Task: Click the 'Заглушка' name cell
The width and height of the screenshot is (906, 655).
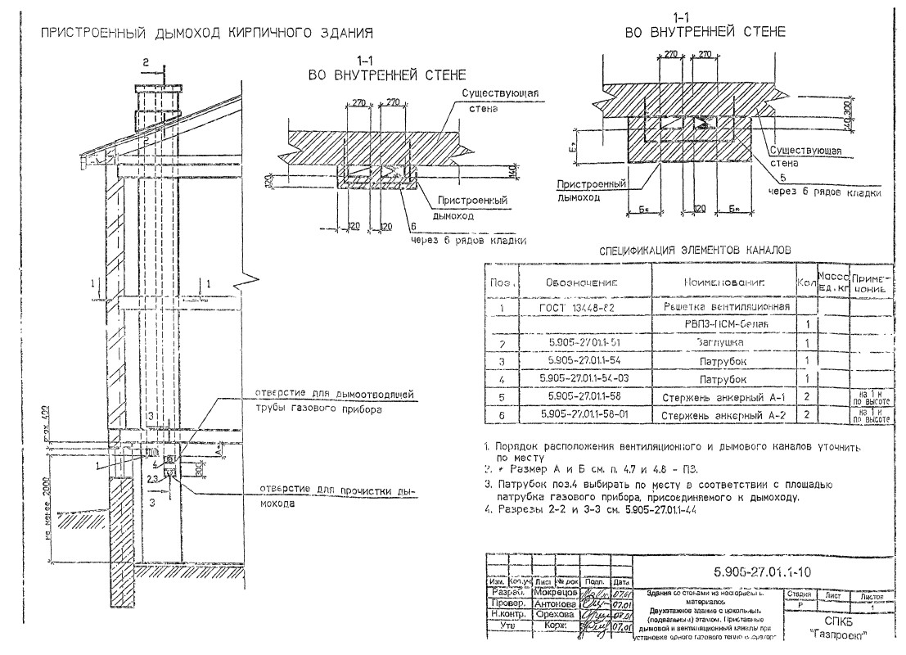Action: pos(719,344)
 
